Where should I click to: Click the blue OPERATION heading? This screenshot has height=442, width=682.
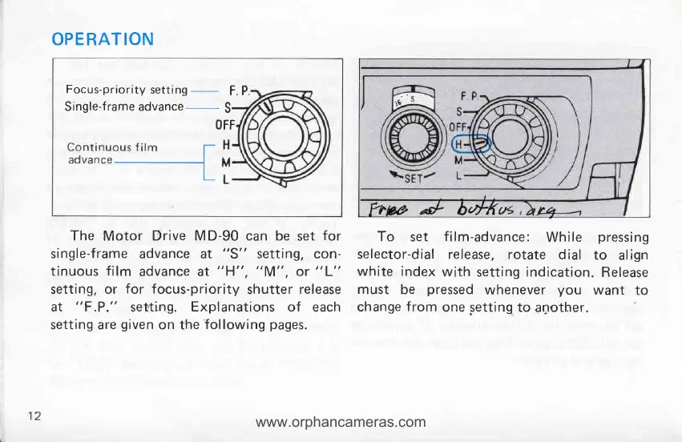[x=101, y=39]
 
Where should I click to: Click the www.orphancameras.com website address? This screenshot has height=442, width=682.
[x=341, y=421]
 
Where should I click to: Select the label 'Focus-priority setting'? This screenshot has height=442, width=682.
[x=127, y=90]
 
